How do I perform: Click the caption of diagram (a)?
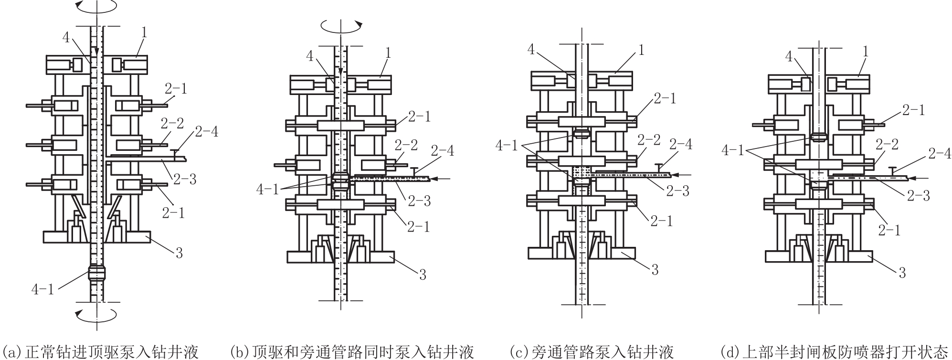(x=100, y=352)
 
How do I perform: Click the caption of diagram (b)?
(x=352, y=352)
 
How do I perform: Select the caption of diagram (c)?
(x=592, y=352)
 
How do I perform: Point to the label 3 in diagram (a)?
(x=179, y=253)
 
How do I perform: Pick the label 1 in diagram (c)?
(x=641, y=50)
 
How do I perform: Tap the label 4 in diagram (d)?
(x=789, y=56)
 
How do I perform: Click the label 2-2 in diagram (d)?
(x=889, y=145)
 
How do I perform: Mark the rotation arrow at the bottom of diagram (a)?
(x=97, y=313)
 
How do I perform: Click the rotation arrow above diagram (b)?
(x=341, y=26)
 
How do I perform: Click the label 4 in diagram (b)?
(x=310, y=56)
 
